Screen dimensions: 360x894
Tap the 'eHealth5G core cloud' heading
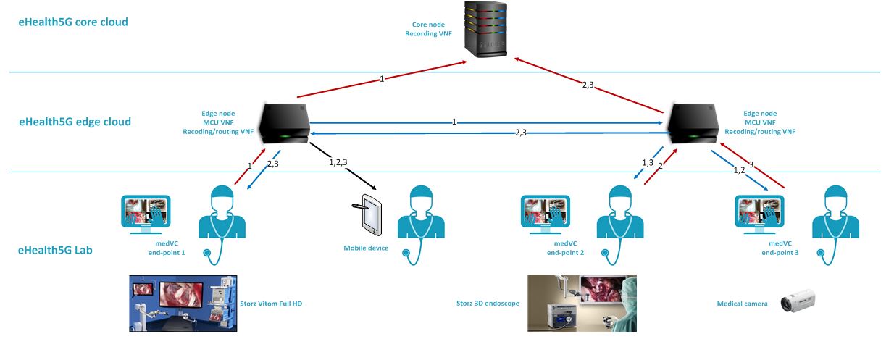click(73, 22)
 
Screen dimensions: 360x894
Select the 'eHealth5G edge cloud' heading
click(75, 122)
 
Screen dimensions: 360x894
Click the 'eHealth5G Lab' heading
click(56, 251)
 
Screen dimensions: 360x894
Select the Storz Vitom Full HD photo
click(183, 304)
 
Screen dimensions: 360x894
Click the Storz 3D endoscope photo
click(582, 303)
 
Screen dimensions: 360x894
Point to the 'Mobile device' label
click(366, 248)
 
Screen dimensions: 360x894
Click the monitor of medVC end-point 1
click(146, 213)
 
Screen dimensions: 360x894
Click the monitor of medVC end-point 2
click(546, 213)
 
